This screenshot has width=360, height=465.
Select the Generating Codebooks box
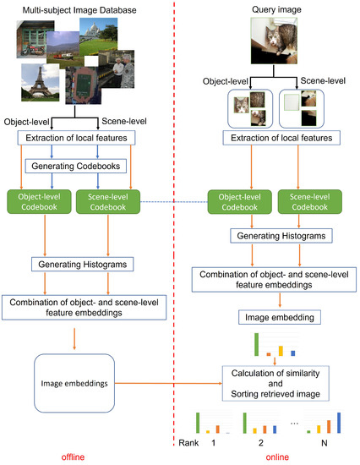pos(79,165)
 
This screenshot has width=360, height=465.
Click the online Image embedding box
pos(271,316)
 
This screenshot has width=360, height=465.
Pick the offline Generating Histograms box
pos(79,265)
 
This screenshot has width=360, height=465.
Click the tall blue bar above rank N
pos(340,423)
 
